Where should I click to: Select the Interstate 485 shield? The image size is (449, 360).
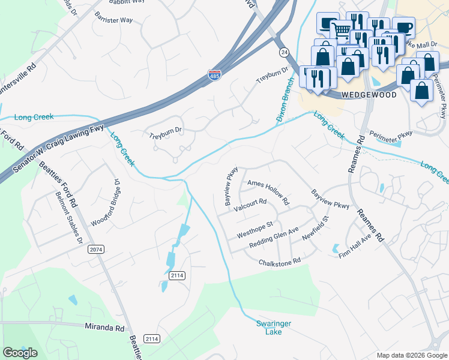[x=214, y=75]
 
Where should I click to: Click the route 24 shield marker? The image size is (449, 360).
[x=283, y=52]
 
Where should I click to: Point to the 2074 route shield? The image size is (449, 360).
[x=95, y=248]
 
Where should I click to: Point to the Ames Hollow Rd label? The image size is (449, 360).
[x=268, y=187]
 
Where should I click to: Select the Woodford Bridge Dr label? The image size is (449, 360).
[x=103, y=202]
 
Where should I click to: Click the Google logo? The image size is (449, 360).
[x=20, y=353]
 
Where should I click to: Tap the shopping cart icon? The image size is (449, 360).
[x=342, y=29]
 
